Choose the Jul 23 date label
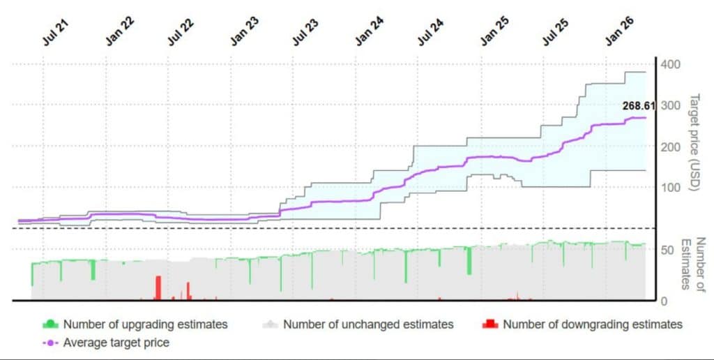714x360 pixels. [x=305, y=33]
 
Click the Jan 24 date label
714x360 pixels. [x=367, y=33]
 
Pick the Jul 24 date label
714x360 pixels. [x=430, y=33]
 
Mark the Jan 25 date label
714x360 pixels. [x=493, y=33]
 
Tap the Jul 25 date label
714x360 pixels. [x=555, y=33]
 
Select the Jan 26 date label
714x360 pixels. [x=618, y=33]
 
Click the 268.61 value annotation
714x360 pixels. [x=639, y=106]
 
